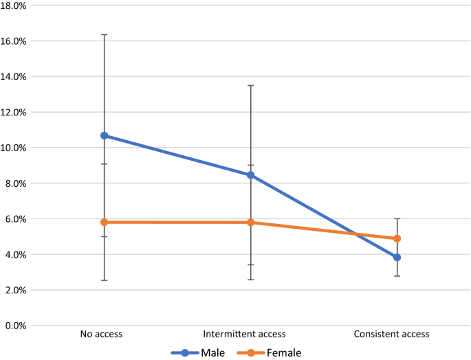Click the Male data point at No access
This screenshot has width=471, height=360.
coord(105,135)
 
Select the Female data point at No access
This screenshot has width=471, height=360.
coord(105,222)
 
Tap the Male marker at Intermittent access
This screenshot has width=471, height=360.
coord(251,175)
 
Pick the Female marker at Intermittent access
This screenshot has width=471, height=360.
coord(251,222)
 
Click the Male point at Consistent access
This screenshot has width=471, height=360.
coord(397,257)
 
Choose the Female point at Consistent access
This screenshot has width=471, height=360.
coord(397,238)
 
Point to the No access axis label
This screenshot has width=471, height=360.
coord(100,335)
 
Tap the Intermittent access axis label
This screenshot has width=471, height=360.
coord(246,335)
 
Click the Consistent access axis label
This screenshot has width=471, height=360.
coord(391,335)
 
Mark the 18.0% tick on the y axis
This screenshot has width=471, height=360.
coord(14,5)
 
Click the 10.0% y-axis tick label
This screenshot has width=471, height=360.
coord(14,148)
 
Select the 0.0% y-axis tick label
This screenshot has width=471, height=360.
coord(15,326)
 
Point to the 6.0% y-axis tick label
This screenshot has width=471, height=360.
coord(15,219)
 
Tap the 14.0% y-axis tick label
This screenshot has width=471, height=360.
coord(14,76)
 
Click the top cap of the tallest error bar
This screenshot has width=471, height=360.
coord(105,34)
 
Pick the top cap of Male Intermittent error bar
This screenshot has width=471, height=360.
coord(251,85)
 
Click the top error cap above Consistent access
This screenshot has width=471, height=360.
coord(397,218)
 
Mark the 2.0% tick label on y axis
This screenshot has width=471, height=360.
coord(15,290)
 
